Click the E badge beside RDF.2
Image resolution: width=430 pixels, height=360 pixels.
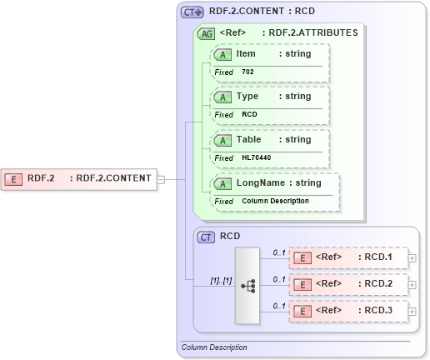[x=14, y=177]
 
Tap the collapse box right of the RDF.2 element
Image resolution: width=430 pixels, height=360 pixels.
[x=161, y=177]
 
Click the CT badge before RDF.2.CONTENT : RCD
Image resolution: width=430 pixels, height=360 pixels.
[x=192, y=12]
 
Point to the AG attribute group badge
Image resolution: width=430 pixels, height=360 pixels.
[x=205, y=34]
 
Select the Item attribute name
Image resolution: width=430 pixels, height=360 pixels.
[x=246, y=53]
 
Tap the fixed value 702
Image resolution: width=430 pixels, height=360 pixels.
[x=247, y=72]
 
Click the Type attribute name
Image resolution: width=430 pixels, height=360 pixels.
[x=247, y=96]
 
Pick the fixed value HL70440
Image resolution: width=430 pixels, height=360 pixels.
[x=256, y=157]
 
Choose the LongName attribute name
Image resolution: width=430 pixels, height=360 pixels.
[x=260, y=182]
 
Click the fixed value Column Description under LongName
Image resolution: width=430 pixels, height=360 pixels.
[x=275, y=201]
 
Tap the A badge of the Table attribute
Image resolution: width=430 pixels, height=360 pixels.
[x=222, y=140]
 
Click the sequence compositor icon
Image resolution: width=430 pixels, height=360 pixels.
[x=248, y=285]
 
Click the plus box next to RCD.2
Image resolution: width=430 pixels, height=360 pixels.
[x=413, y=284]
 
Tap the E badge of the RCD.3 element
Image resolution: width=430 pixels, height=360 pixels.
[x=304, y=312]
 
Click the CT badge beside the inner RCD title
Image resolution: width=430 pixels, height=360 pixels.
[x=206, y=237]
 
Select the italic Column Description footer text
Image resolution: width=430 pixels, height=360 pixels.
[x=214, y=347]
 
